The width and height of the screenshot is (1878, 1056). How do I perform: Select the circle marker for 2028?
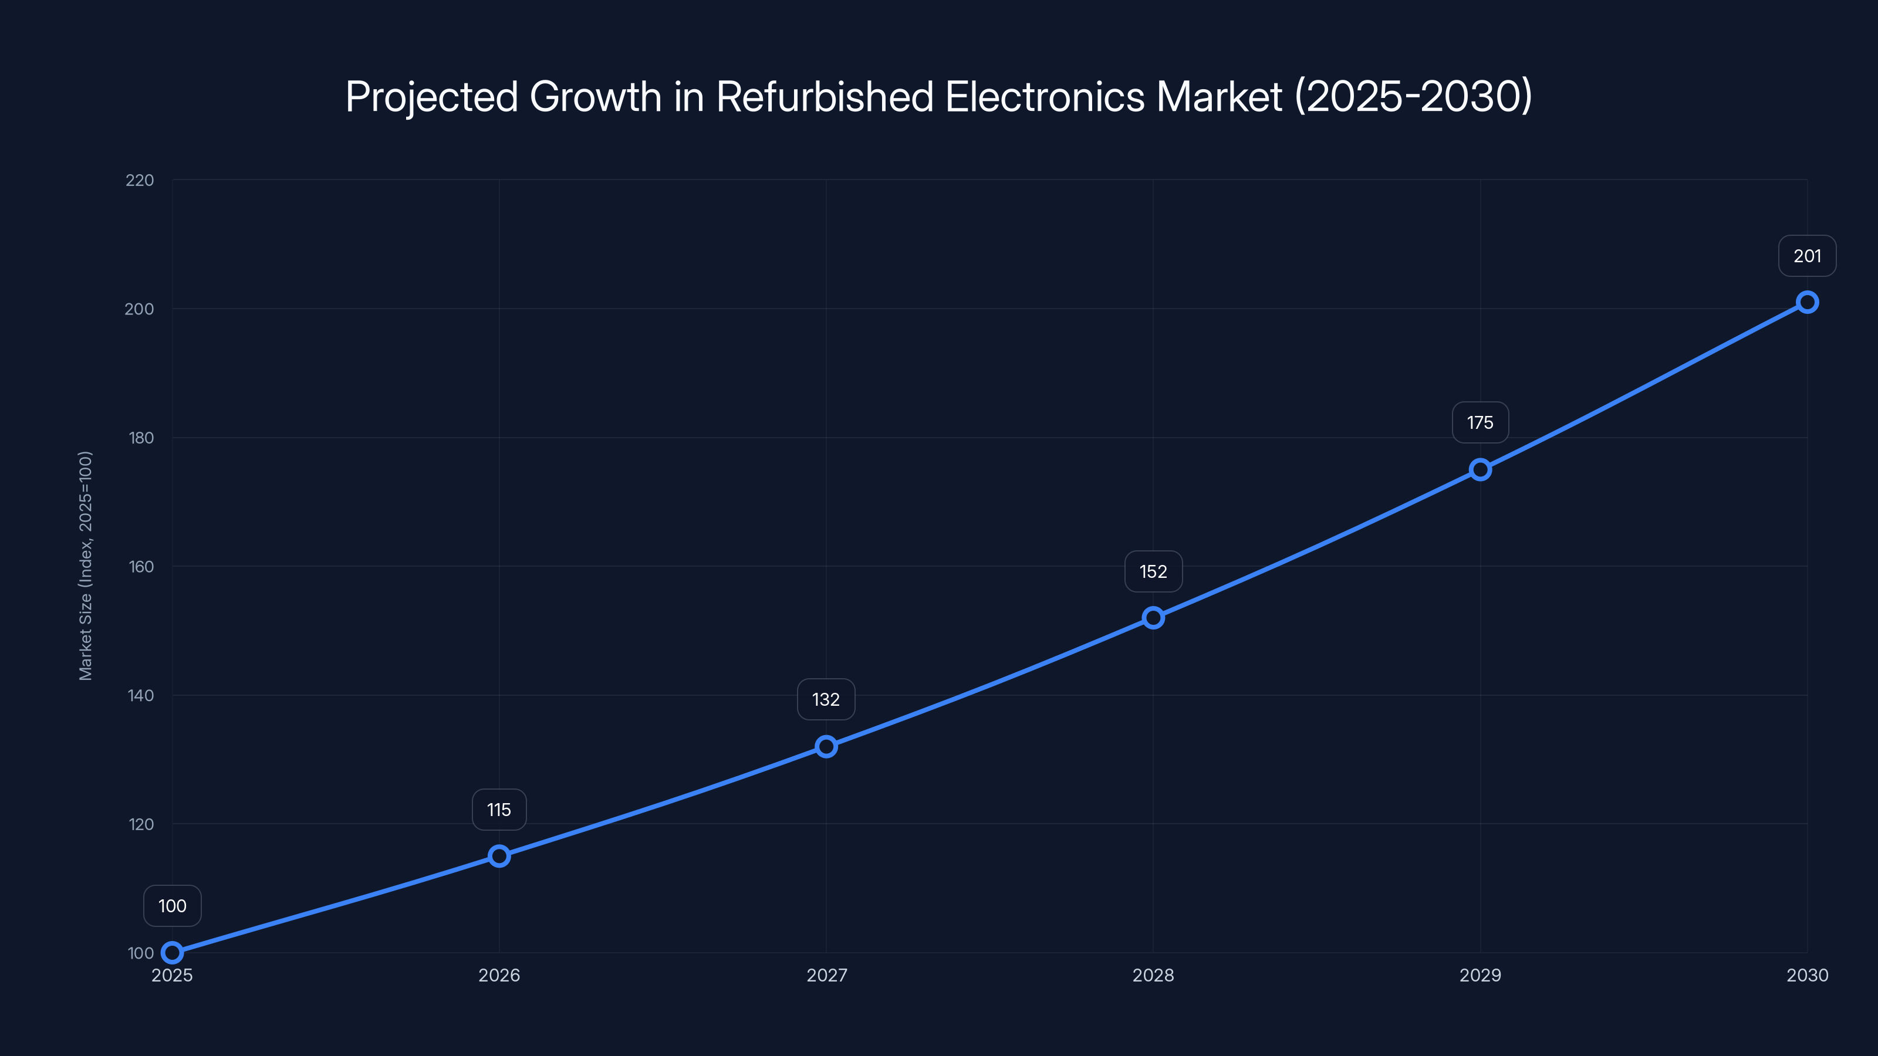(1153, 618)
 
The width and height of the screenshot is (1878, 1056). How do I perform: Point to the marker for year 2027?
(826, 746)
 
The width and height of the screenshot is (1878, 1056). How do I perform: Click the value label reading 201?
(1806, 256)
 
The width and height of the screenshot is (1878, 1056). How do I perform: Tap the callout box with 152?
(1153, 571)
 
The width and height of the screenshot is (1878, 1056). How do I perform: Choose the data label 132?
(826, 700)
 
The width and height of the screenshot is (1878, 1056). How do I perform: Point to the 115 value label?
(499, 810)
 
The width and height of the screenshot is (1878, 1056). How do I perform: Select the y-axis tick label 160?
(141, 566)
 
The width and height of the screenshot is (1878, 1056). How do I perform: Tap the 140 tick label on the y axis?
(141, 695)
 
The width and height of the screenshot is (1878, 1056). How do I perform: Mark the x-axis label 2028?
(1153, 975)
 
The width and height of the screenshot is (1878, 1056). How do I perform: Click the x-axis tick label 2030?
(1806, 975)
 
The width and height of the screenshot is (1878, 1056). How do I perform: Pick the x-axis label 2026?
(499, 975)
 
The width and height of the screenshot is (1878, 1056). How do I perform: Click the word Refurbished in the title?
(825, 97)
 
